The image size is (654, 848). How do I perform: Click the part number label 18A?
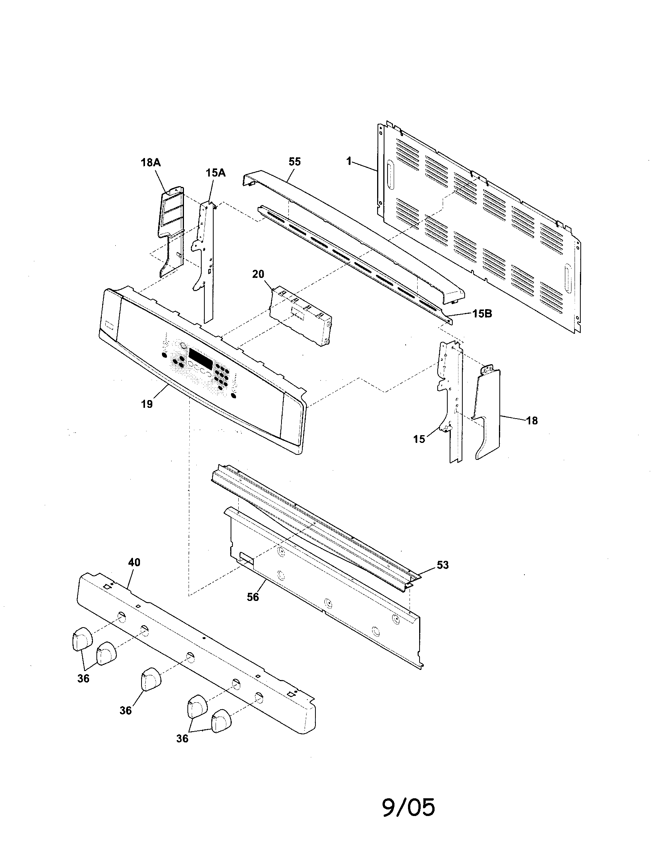click(x=151, y=162)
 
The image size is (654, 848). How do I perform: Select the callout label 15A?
click(x=216, y=172)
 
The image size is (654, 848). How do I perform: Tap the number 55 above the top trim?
click(x=295, y=162)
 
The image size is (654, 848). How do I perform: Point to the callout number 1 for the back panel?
click(x=349, y=161)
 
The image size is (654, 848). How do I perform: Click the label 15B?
click(x=482, y=314)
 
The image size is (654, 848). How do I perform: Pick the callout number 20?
click(x=258, y=274)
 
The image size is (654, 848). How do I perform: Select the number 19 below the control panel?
click(x=147, y=404)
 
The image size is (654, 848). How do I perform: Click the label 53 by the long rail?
click(x=443, y=565)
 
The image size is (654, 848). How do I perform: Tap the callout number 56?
click(x=253, y=597)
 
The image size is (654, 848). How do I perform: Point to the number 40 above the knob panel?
click(x=134, y=562)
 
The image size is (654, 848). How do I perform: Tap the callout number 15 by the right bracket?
click(x=419, y=439)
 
